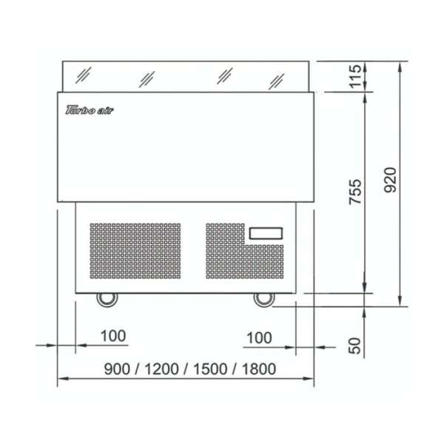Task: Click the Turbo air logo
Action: (x=90, y=110)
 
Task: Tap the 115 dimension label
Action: (x=355, y=76)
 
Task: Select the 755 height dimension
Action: (x=355, y=192)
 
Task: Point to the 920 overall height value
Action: (x=390, y=180)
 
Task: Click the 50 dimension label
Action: (x=354, y=346)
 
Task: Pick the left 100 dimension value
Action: (x=113, y=336)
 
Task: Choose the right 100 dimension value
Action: (x=259, y=338)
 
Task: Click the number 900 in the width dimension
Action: (x=117, y=369)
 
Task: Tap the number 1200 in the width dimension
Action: (x=161, y=369)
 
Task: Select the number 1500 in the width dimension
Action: (x=210, y=369)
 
